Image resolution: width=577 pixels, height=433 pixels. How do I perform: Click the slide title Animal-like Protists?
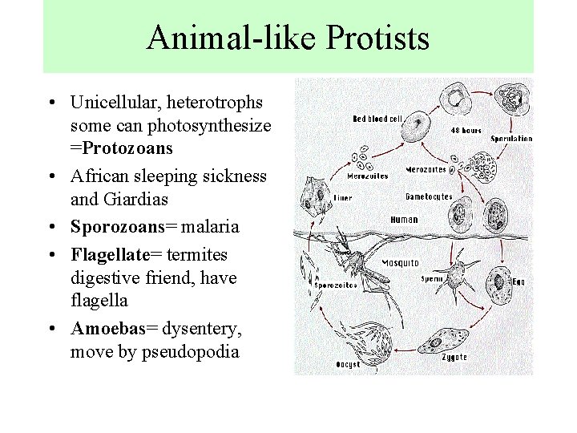click(x=288, y=38)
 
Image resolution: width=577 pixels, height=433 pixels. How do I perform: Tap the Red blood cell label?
click(x=377, y=119)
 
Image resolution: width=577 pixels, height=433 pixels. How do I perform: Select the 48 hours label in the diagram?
click(x=466, y=130)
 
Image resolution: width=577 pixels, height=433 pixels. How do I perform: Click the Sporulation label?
click(x=510, y=139)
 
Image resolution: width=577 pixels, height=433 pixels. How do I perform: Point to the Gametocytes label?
click(x=429, y=196)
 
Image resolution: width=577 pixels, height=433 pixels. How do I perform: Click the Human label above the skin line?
click(x=404, y=219)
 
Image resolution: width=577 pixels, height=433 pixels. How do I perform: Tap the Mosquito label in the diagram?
click(x=400, y=262)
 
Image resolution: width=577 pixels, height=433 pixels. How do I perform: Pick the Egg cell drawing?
click(x=500, y=281)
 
